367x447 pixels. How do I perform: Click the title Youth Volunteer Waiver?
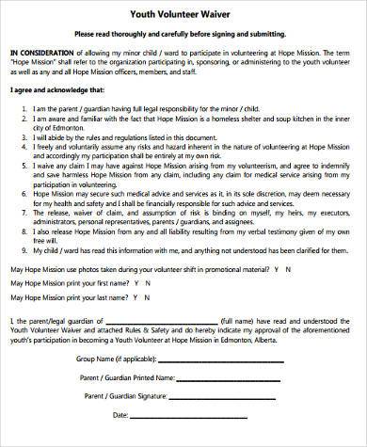(x=183, y=10)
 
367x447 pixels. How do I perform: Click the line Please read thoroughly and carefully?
(x=183, y=29)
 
